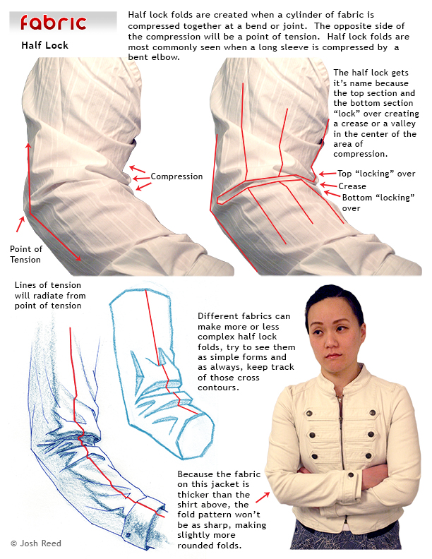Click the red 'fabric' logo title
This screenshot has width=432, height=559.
[53, 23]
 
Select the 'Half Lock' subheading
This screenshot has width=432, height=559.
[44, 45]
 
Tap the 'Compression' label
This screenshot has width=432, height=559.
[176, 176]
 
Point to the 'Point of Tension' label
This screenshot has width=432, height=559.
[25, 254]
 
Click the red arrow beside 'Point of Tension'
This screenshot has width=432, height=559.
[20, 224]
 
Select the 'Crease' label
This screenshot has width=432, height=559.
[352, 186]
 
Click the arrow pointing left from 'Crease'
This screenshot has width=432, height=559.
[328, 185]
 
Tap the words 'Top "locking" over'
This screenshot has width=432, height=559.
[376, 174]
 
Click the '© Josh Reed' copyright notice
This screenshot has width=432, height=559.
[36, 543]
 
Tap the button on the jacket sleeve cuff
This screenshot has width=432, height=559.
[351, 474]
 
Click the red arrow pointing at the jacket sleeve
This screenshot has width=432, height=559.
[263, 498]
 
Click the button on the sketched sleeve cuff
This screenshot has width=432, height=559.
[128, 535]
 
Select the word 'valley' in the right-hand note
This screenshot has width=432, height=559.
[403, 124]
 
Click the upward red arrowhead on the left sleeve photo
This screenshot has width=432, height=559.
[28, 146]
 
